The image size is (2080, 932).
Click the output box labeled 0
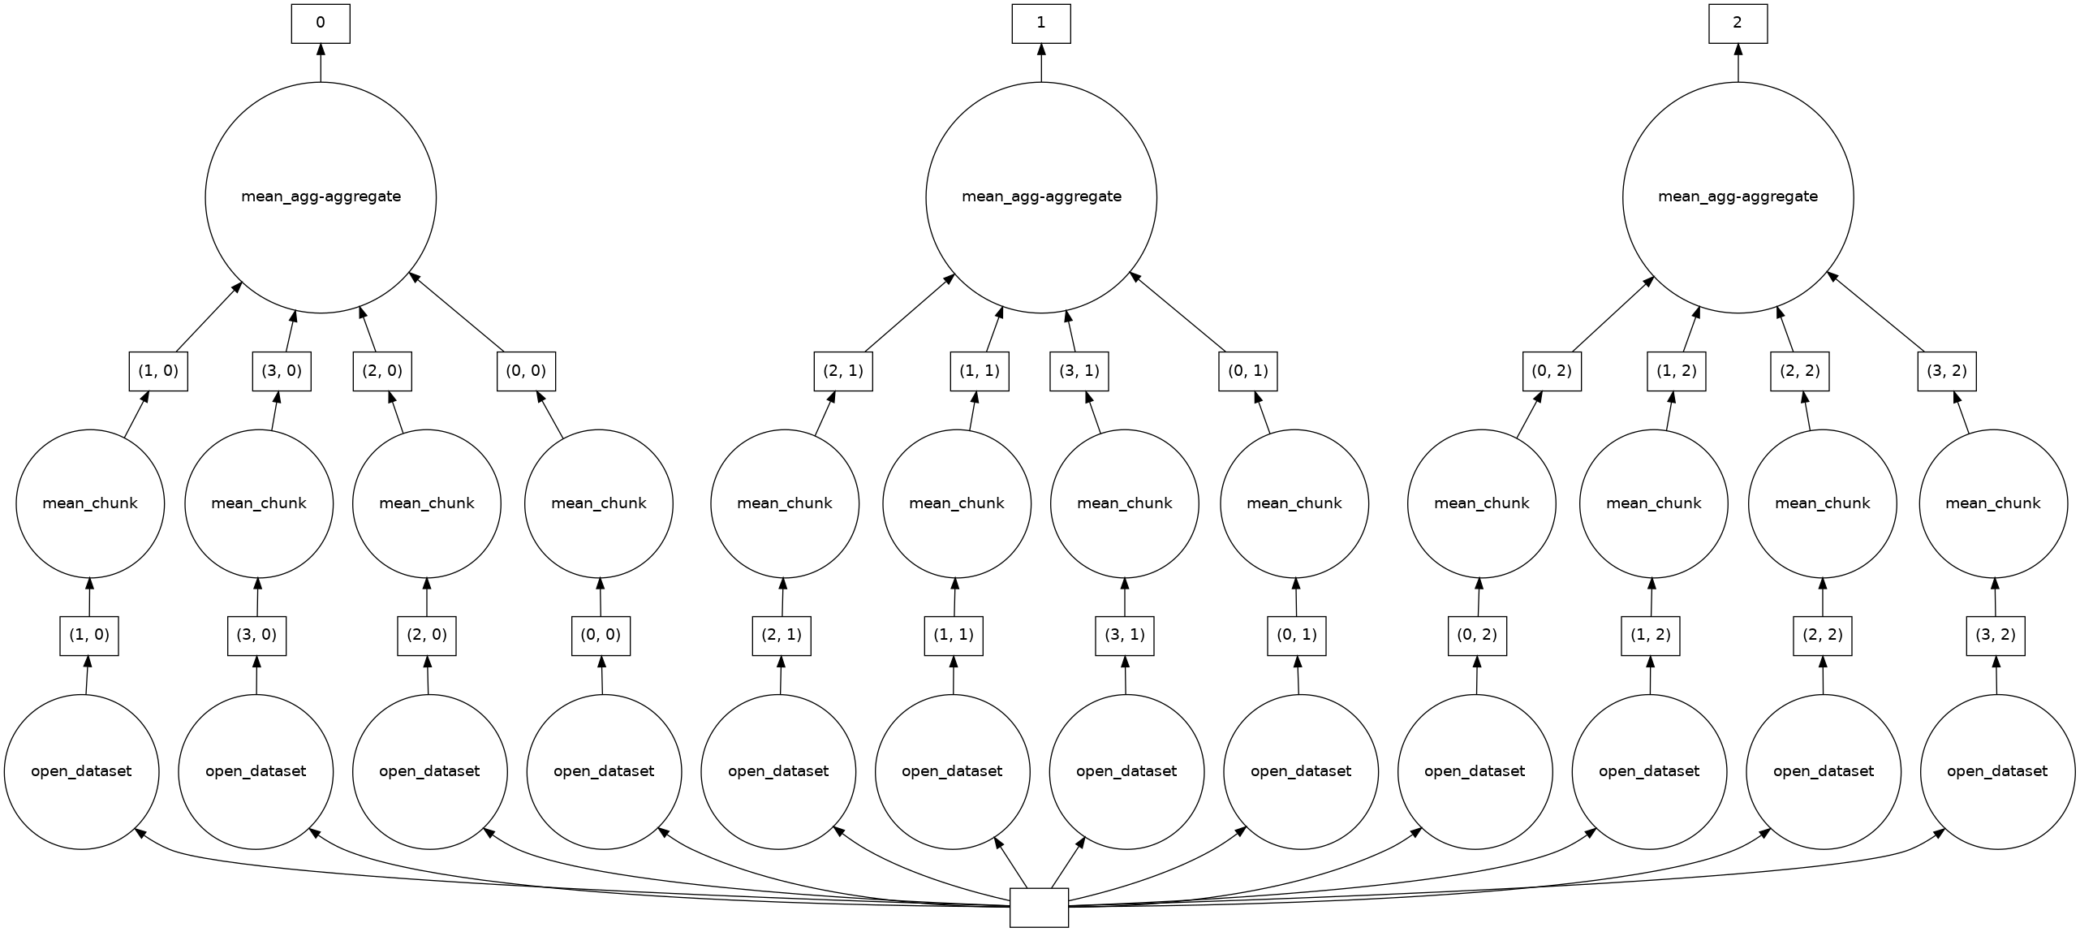321,24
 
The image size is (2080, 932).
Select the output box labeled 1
1041,24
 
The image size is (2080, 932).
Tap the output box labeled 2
1738,24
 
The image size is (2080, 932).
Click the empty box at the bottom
1039,908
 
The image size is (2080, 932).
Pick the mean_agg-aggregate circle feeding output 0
321,197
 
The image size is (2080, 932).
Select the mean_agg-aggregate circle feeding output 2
1738,197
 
